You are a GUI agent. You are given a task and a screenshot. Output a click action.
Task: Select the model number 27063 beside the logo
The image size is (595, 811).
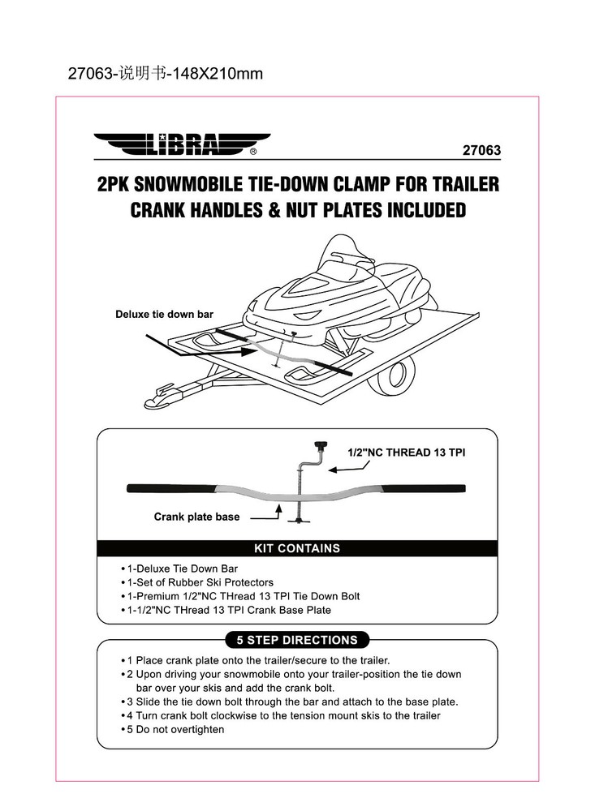(x=481, y=150)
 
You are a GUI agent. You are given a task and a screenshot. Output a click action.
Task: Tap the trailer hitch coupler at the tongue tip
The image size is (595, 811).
(x=158, y=398)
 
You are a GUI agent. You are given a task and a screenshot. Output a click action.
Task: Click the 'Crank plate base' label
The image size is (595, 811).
(x=196, y=517)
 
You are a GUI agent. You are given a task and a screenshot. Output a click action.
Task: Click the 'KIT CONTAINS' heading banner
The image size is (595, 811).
(x=297, y=548)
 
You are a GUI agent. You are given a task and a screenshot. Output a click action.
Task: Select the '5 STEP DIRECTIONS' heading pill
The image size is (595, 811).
(x=296, y=640)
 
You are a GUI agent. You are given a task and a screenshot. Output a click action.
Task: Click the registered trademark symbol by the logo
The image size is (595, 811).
(x=254, y=151)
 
